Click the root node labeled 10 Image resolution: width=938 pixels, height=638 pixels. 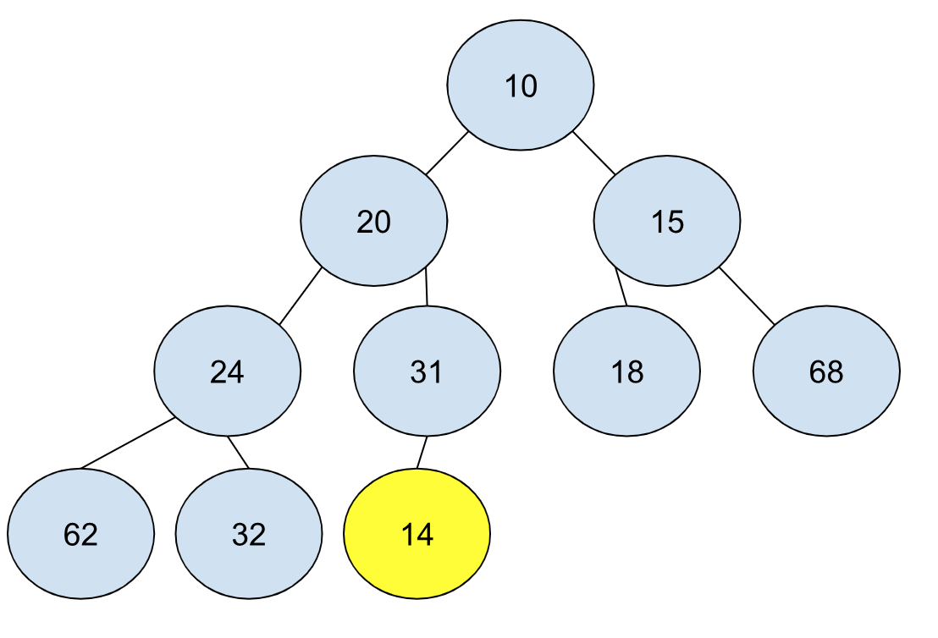coord(521,85)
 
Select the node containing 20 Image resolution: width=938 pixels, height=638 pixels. coord(374,221)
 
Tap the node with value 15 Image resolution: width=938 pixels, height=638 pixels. coord(667,221)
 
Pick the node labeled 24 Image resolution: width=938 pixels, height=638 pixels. coord(228,371)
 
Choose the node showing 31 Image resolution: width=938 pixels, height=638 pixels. coord(428,371)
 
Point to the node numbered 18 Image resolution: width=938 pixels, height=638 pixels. coord(627,371)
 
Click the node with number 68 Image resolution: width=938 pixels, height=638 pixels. coord(827,371)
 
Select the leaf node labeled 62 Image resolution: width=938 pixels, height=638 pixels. coord(80,533)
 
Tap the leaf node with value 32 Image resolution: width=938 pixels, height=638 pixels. coord(249,533)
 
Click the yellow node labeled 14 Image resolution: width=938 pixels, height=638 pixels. coord(417,533)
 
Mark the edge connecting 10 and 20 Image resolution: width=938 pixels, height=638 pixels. coord(447,152)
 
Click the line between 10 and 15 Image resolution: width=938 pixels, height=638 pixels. coord(594,152)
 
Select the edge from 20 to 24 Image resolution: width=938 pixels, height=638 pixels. coord(301,296)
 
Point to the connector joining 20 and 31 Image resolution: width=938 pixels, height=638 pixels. coord(427,287)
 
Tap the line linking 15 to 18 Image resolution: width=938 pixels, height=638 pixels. coord(621,287)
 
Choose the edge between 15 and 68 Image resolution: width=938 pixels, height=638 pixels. coord(748,296)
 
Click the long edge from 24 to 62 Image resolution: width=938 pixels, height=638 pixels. coord(128,443)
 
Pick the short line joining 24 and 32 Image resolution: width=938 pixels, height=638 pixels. coord(238,452)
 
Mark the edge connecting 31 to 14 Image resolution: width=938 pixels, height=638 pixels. coord(422,452)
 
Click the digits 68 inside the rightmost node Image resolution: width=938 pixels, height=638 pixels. coord(827,372)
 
